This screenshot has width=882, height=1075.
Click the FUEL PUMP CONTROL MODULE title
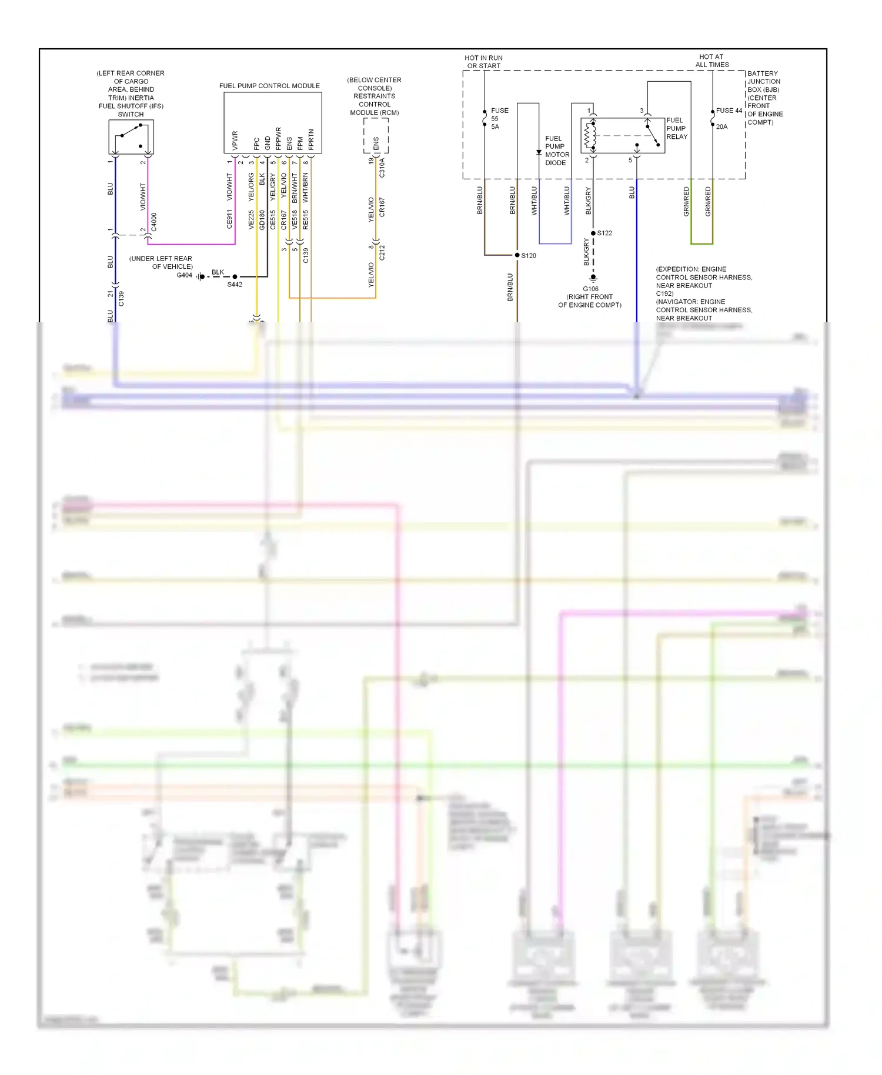tap(269, 86)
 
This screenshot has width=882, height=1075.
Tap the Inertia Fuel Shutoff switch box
tap(131, 137)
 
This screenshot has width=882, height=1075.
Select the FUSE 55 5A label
tap(499, 118)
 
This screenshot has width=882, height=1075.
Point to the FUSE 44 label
tap(729, 111)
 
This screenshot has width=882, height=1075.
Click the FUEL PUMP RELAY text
tap(676, 128)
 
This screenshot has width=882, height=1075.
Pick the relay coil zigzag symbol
tap(589, 136)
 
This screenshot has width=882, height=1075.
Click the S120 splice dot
tap(517, 255)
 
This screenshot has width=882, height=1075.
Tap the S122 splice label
tap(604, 233)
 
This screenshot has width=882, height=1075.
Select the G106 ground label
tap(590, 289)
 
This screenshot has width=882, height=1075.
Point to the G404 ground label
tap(184, 275)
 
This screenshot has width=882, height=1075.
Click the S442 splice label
tap(235, 285)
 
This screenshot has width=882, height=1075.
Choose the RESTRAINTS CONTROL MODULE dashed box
tap(376, 136)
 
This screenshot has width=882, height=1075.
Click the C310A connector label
tap(382, 168)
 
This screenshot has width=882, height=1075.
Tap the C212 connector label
tap(382, 253)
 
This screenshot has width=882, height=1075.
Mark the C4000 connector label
tap(154, 222)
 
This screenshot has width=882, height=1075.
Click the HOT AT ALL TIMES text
tap(711, 61)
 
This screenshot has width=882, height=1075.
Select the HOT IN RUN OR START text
tap(483, 62)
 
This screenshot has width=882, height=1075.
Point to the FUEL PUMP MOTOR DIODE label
tap(556, 151)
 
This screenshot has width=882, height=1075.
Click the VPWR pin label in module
tap(235, 140)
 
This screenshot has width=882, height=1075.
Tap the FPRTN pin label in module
tap(311, 139)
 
